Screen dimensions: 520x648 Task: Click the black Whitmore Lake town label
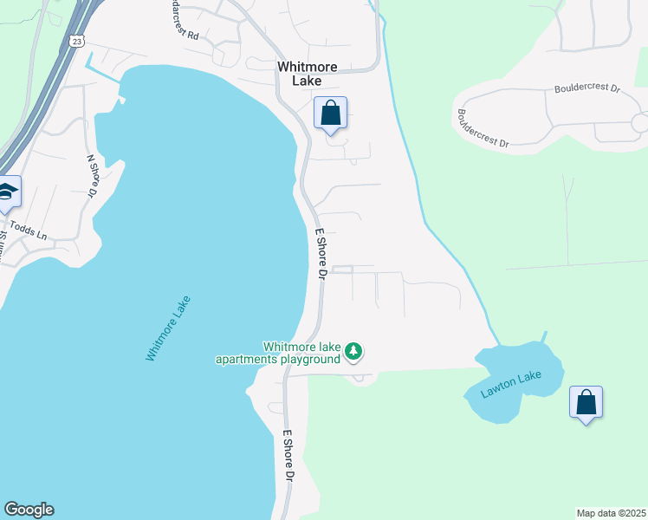click(300, 74)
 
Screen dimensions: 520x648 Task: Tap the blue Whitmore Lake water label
click(168, 329)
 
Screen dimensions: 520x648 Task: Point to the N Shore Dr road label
click(91, 176)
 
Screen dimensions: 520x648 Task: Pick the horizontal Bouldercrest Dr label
click(587, 88)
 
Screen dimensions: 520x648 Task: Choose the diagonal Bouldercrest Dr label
click(483, 129)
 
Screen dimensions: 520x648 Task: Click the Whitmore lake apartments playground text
click(277, 353)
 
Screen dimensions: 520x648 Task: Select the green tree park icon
click(353, 351)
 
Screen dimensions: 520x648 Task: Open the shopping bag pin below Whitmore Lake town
click(330, 114)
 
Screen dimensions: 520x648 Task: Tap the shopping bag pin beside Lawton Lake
click(586, 403)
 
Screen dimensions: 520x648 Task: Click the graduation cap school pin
click(7, 192)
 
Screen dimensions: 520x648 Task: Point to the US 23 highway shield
click(77, 41)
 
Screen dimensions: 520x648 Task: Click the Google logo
click(29, 510)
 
